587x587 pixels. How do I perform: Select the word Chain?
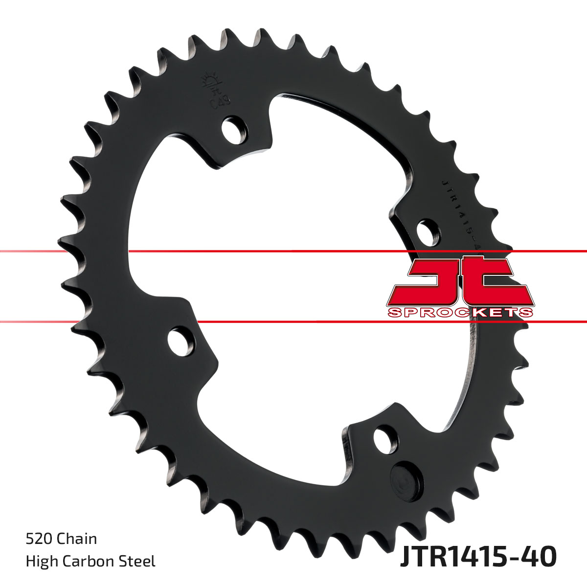coord(77,539)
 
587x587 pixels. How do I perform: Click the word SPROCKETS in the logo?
coord(460,313)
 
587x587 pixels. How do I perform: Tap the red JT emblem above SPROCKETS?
coord(460,281)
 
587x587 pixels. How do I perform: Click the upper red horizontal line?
coord(293,251)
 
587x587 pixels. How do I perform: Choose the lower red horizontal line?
coord(293,322)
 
